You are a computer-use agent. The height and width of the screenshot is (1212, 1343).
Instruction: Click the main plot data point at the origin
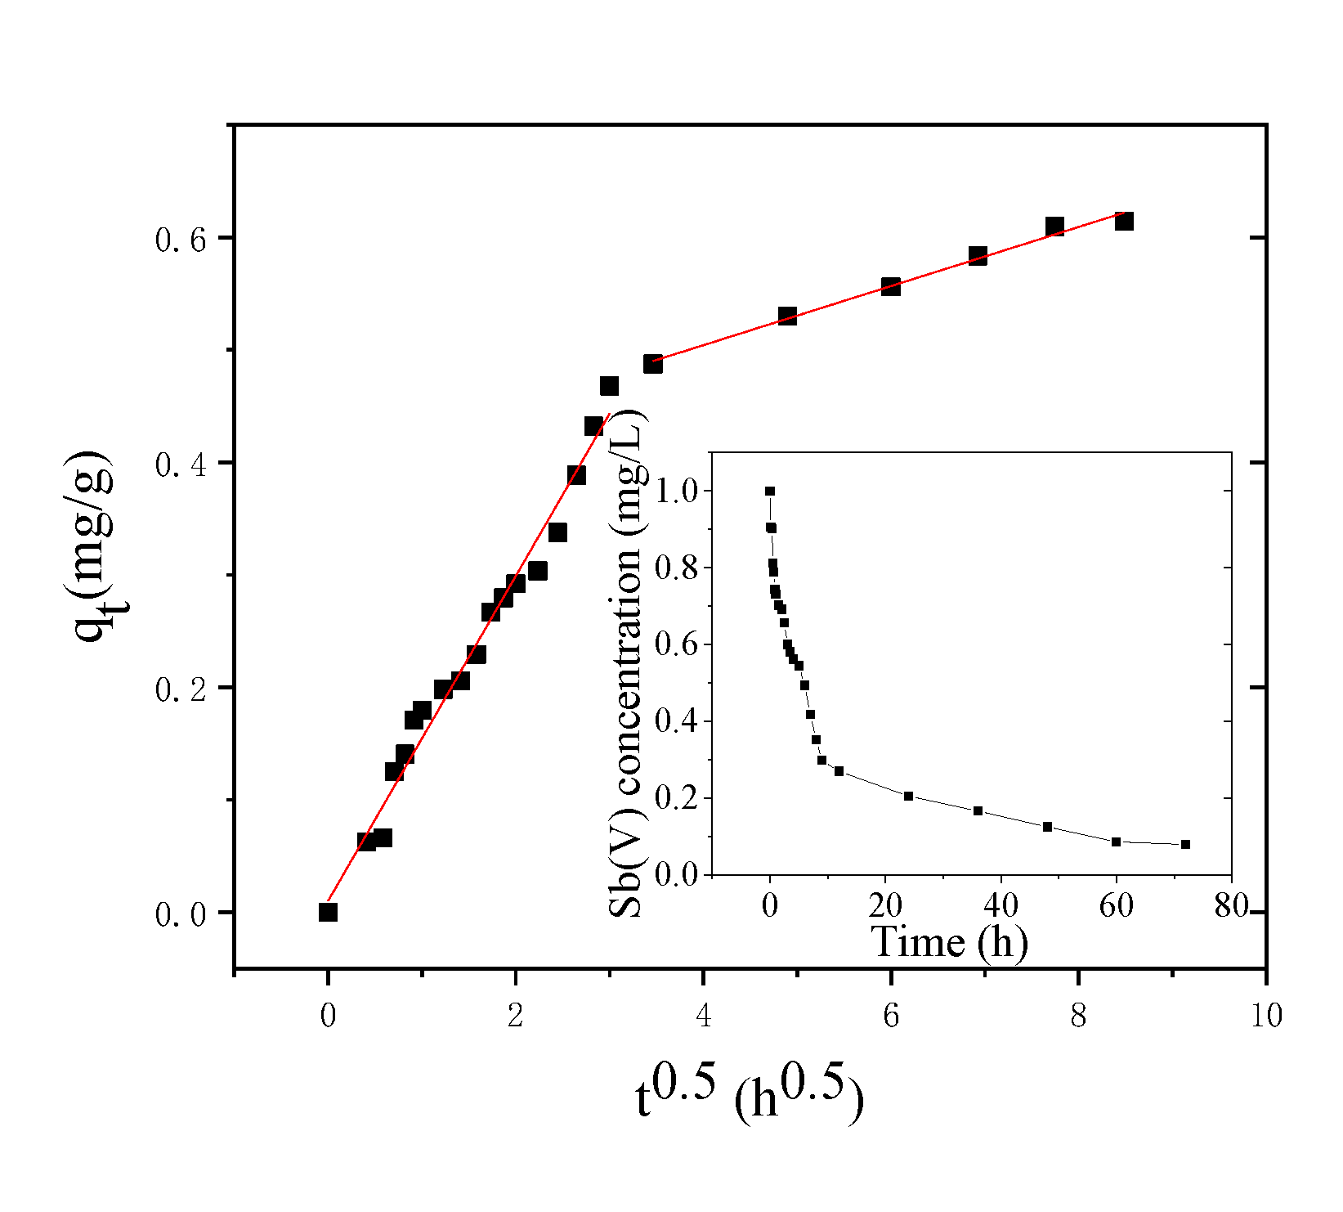click(x=328, y=912)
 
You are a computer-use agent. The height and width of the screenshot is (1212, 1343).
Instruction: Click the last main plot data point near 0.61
click(x=1124, y=221)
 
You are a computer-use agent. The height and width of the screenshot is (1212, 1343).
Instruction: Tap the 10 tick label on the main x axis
click(x=1265, y=1016)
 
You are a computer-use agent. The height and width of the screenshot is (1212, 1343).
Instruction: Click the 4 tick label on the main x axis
click(x=703, y=1016)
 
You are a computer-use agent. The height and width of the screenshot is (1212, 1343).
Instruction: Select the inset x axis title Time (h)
click(x=949, y=941)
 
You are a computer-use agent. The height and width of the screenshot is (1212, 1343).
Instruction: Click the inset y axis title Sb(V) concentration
click(x=628, y=662)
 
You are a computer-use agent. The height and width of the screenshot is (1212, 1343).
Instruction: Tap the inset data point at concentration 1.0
click(x=770, y=492)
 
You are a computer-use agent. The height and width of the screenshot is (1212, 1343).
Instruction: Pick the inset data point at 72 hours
click(x=1185, y=844)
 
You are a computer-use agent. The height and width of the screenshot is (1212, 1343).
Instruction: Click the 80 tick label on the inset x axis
click(x=1231, y=905)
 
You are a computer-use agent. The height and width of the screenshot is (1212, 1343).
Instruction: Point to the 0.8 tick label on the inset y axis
click(x=677, y=568)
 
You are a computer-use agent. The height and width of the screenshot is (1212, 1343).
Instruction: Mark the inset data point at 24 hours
click(x=908, y=796)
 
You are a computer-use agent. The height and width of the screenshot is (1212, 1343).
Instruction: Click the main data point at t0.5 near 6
click(x=891, y=286)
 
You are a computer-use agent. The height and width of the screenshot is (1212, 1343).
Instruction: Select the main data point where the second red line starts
click(x=652, y=364)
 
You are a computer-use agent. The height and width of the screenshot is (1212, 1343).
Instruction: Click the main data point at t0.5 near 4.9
click(x=787, y=316)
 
